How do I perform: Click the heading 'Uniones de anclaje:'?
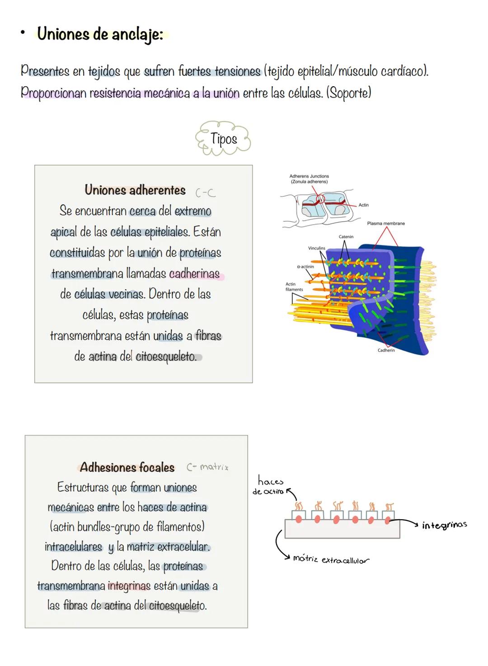100,34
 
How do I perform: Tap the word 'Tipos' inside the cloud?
224,138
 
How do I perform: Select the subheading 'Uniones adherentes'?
135,190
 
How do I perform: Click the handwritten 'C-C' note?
205,193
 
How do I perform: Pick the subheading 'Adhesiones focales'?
127,467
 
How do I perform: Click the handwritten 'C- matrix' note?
207,467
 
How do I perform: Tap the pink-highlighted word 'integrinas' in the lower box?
129,586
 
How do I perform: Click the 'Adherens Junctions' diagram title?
309,179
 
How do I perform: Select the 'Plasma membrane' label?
386,223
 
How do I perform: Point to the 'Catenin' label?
346,237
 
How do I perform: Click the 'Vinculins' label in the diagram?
316,248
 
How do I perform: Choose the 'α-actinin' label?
305,267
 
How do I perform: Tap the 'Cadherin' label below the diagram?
386,350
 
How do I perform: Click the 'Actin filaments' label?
294,287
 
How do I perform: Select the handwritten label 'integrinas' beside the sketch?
444,525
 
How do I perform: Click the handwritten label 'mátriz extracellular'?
331,559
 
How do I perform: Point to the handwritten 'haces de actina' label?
269,486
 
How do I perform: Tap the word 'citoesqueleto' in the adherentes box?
166,356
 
